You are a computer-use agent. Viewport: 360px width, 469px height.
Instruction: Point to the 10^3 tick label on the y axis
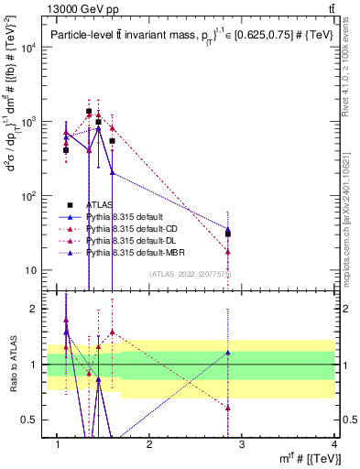tap(29, 122)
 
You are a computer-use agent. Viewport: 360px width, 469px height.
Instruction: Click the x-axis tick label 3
tap(243, 444)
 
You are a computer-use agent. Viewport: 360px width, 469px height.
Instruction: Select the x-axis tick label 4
tap(335, 444)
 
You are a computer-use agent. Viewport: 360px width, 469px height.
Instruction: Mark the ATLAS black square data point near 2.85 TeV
tap(228, 234)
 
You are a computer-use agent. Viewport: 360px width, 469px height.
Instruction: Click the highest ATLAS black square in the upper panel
tap(89, 111)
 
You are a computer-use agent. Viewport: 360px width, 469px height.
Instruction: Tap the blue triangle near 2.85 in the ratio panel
tap(228, 352)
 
